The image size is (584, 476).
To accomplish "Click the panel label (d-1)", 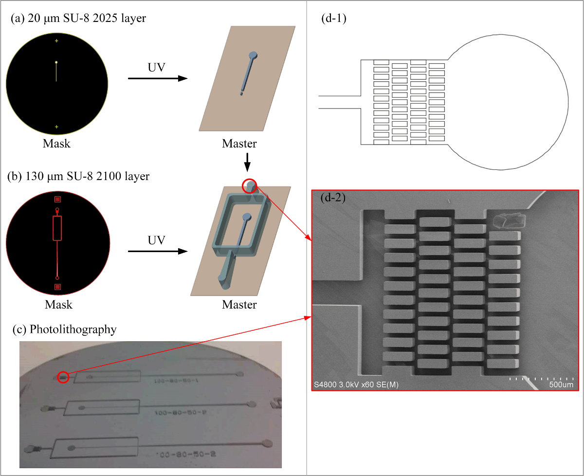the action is [x=333, y=19].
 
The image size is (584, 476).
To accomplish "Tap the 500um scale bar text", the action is [x=561, y=385].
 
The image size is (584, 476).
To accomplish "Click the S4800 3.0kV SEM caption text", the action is [x=357, y=385].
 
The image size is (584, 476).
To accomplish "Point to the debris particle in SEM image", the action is [x=510, y=222].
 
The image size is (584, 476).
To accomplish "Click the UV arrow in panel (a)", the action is [x=157, y=78].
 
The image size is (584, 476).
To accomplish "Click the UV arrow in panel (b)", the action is [x=157, y=251].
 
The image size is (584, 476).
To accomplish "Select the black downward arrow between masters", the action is [x=247, y=163].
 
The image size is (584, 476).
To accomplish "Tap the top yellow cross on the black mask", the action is [x=56, y=41].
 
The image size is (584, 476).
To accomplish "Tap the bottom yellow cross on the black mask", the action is [x=56, y=127].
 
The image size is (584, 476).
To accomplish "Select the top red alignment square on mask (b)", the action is [x=57, y=199].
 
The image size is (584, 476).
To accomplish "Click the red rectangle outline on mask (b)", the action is [x=57, y=228].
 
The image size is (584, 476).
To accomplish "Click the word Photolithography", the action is [x=73, y=330].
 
